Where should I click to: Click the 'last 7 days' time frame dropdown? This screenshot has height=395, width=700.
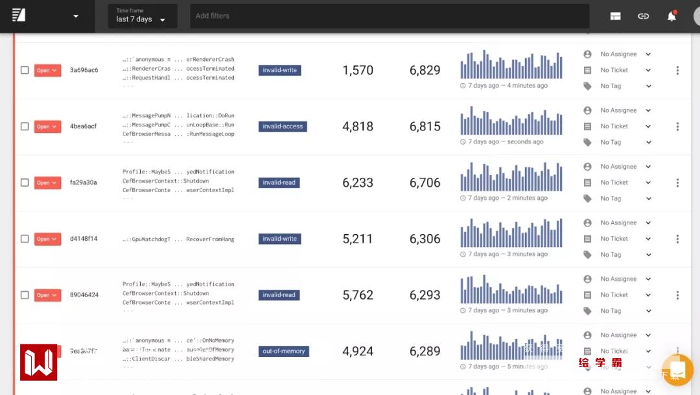[x=142, y=16]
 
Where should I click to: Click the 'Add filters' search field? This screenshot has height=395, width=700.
[x=389, y=16]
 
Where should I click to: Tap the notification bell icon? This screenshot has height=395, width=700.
[x=671, y=16]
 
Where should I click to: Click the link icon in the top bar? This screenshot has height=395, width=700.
[x=643, y=16]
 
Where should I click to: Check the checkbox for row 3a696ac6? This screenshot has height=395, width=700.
[x=25, y=70]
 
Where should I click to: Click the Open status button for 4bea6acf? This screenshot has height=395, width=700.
[x=47, y=126]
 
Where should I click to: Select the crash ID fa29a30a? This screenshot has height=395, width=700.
[x=84, y=183]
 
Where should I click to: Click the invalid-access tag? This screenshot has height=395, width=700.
[x=283, y=126]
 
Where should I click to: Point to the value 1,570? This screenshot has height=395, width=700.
[x=358, y=71]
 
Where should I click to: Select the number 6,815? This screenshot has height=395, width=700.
[x=425, y=126]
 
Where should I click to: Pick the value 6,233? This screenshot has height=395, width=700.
[x=358, y=183]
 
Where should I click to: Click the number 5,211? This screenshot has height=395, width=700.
[x=358, y=239]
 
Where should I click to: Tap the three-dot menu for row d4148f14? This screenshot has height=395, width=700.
[x=677, y=239]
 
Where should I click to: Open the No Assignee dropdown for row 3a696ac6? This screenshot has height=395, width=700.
[x=625, y=54]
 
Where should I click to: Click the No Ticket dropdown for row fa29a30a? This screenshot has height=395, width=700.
[x=625, y=183]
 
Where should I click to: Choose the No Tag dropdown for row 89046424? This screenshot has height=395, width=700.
[x=625, y=311]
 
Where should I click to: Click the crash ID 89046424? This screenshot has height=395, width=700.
[x=84, y=295]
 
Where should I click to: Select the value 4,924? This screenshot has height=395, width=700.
[x=358, y=352]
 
